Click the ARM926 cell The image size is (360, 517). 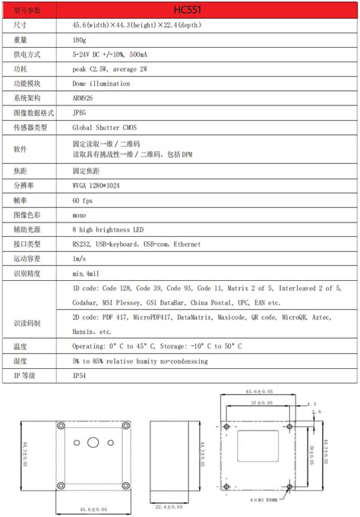pos(85,98)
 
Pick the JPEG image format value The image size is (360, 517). pos(80,112)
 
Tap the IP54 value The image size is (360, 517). pos(80,375)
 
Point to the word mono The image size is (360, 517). pos(81,214)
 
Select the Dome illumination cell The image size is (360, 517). pos(101,84)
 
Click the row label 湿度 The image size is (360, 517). pos(21,361)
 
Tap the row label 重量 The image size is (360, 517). pos(21,40)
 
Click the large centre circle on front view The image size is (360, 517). pos(93,443)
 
